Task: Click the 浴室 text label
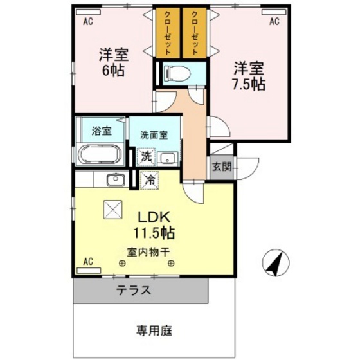click(102, 131)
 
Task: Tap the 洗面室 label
click(154, 135)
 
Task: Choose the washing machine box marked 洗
click(147, 156)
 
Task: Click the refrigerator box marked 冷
click(149, 181)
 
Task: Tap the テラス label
click(134, 291)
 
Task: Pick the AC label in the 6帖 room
click(89, 21)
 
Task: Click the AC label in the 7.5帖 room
click(274, 21)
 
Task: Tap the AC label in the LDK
click(89, 262)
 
